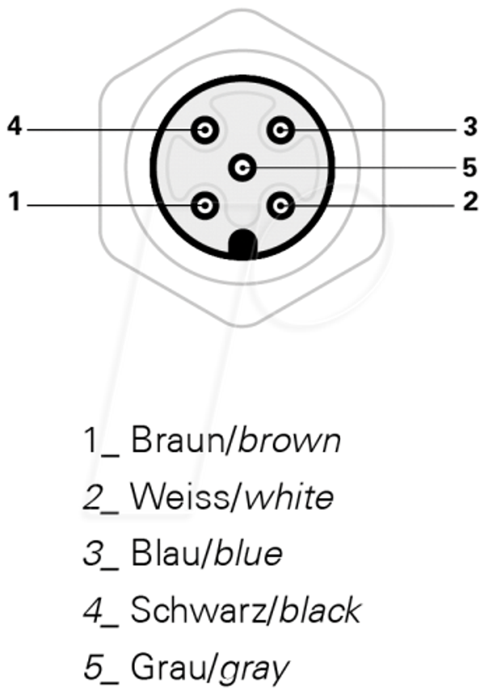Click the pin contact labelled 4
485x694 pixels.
[x=205, y=130]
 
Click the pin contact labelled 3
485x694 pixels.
[x=280, y=130]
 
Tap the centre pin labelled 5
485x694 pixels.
[x=242, y=167]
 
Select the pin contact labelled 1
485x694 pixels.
[x=205, y=205]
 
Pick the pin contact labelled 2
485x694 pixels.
[x=280, y=205]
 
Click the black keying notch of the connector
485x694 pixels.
[x=242, y=244]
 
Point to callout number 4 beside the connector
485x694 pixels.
[x=15, y=126]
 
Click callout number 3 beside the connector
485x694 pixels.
[x=470, y=126]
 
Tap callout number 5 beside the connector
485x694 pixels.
[x=470, y=167]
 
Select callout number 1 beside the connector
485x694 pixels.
[x=15, y=201]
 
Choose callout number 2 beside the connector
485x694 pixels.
[x=470, y=201]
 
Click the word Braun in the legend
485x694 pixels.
[x=177, y=439]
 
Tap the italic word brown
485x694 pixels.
[x=289, y=439]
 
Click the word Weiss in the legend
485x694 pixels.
[x=179, y=497]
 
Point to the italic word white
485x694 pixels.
[x=289, y=497]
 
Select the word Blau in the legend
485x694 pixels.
[x=166, y=553]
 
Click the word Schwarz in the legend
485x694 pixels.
[x=197, y=611]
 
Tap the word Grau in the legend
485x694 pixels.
[x=168, y=667]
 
